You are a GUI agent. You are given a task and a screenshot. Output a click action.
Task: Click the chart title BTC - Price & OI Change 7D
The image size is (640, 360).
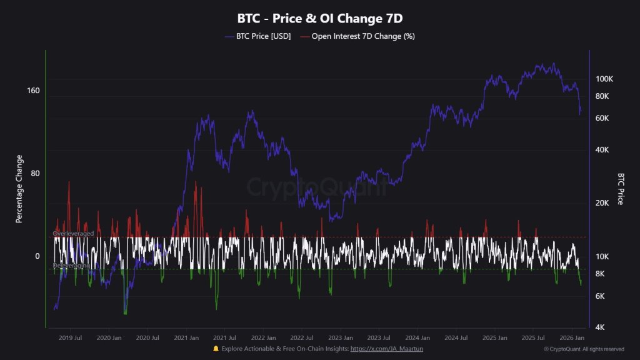(x=319, y=18)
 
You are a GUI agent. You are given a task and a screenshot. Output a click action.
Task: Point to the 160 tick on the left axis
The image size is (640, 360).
(x=33, y=91)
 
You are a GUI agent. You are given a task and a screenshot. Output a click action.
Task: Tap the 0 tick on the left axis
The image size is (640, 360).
(x=37, y=256)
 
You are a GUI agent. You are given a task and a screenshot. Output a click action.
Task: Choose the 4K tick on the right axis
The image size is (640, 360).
(x=599, y=327)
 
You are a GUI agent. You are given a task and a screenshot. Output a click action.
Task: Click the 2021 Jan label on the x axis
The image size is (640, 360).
(x=186, y=338)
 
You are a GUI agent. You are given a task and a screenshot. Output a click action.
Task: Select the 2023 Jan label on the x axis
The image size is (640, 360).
(x=341, y=338)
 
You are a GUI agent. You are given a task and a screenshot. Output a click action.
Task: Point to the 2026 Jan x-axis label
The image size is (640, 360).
(x=572, y=338)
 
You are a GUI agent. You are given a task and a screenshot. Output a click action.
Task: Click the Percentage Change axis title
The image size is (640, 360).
(x=19, y=189)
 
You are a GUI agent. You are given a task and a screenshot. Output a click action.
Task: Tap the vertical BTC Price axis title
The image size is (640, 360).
(x=621, y=189)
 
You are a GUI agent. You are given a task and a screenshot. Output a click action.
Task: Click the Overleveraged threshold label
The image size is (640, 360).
(x=74, y=234)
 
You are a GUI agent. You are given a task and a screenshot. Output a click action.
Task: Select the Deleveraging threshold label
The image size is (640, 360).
(x=71, y=266)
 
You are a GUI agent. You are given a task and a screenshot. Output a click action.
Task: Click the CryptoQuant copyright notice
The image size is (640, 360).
(x=584, y=349)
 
